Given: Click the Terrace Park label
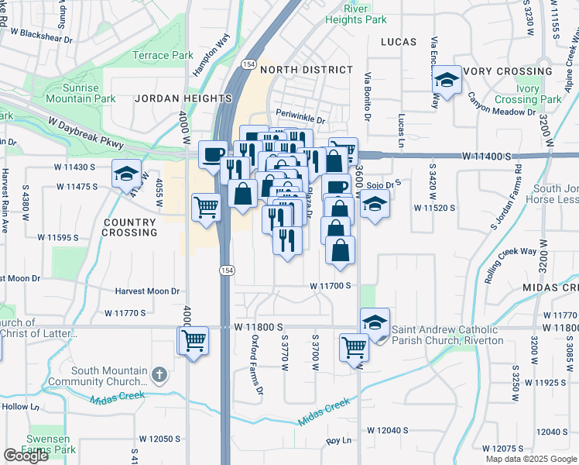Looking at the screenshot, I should tap(163, 56).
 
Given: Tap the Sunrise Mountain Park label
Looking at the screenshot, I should tap(81, 93).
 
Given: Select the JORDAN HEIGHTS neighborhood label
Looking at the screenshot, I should tap(183, 99).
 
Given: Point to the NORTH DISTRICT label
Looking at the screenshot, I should tap(307, 70).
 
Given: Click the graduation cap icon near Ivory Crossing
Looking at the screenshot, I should tap(446, 80).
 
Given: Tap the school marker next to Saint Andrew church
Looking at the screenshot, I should tap(375, 322).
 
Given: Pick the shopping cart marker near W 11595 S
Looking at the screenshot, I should tap(207, 206).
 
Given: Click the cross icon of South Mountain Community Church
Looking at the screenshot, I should tap(159, 374).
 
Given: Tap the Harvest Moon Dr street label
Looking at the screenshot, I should tap(147, 291).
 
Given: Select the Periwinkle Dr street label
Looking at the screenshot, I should tap(300, 120).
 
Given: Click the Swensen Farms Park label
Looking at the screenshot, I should tap(51, 444).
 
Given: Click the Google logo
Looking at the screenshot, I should tap(26, 456).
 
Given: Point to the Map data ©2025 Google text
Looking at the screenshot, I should tap(530, 459).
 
